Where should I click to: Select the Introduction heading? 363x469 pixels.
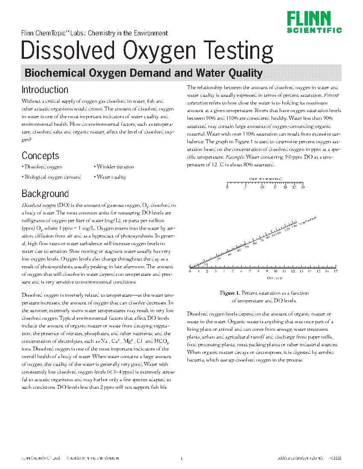click(45, 90)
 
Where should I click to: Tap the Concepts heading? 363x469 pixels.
click(40, 156)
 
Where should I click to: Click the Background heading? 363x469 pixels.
click(45, 194)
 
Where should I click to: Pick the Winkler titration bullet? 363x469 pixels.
click(115, 167)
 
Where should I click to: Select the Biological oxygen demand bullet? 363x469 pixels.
click(52, 177)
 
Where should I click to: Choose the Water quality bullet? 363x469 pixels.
click(111, 177)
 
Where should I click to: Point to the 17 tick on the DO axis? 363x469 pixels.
click(336, 271)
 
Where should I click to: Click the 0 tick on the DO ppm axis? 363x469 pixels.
click(190, 271)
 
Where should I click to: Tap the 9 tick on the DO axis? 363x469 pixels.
click(267, 271)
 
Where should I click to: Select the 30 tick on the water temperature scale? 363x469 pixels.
click(303, 187)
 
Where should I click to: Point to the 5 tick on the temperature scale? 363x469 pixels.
click(245, 187)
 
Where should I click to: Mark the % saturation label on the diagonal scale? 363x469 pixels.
click(308, 220)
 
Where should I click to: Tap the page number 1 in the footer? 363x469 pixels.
click(181, 459)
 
